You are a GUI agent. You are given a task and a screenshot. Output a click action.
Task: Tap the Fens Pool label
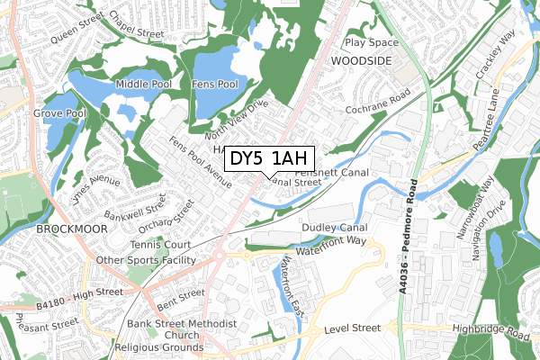(x=216, y=85)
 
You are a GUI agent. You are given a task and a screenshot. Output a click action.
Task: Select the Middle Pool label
(x=139, y=85)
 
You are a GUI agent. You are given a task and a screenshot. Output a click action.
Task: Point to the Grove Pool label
(x=59, y=114)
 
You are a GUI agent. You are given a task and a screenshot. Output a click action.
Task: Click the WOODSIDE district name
(x=363, y=59)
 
